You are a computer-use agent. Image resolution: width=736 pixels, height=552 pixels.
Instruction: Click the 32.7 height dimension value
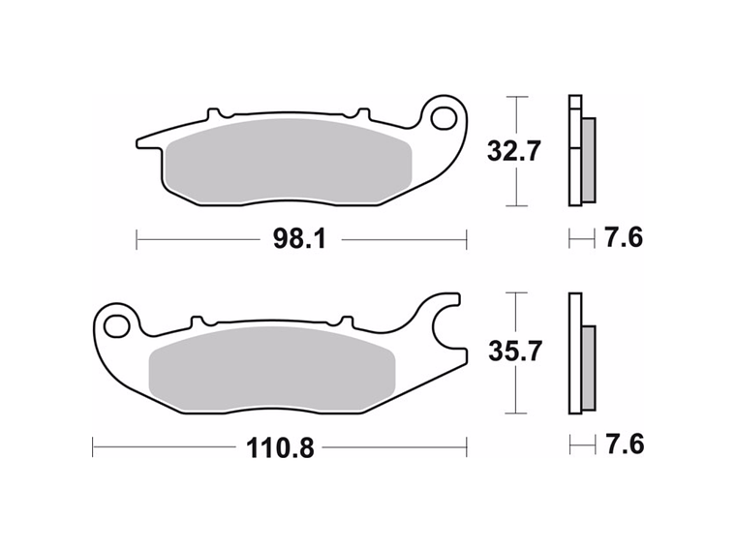click(512, 151)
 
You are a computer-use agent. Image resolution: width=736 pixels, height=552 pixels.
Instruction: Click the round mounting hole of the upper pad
click(445, 118)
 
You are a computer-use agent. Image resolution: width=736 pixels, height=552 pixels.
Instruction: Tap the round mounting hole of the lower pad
click(117, 323)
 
